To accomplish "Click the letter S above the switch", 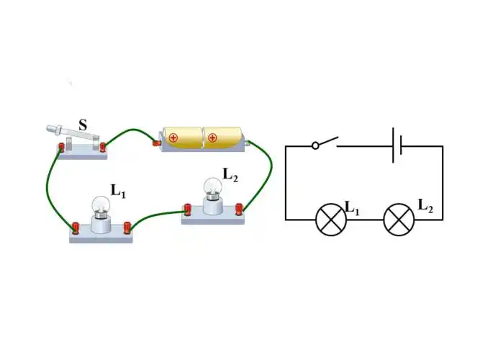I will (83, 125).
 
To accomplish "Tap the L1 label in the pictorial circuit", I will (118, 190).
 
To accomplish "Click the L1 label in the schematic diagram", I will (353, 208).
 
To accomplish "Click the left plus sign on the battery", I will (173, 137).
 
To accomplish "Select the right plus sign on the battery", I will (212, 137).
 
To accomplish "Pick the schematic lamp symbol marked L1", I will (331, 220).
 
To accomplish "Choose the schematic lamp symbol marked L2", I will (399, 220).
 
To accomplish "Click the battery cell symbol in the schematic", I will (397, 145).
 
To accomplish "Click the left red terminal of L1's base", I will (74, 230).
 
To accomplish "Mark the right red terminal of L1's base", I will (128, 228).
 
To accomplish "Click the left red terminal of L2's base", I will (188, 210).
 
